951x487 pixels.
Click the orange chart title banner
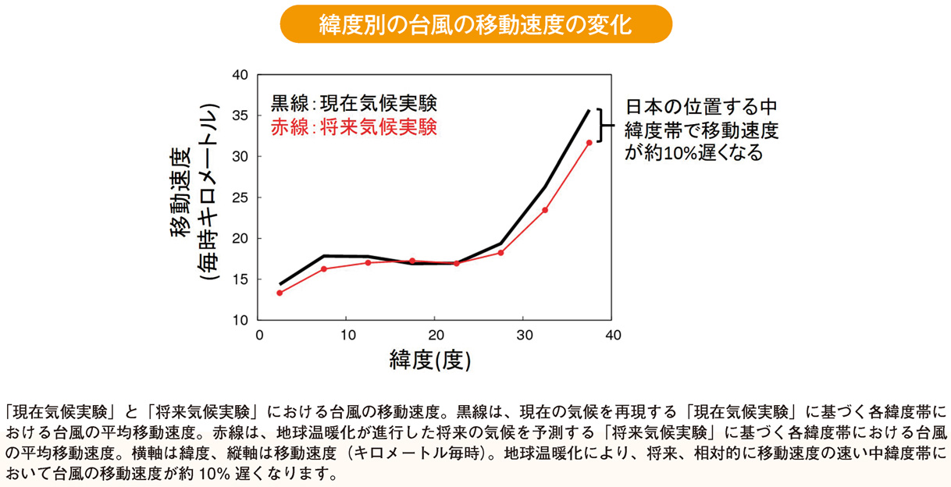coord(475,24)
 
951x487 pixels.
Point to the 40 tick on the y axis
coord(240,75)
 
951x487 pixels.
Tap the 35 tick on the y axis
coord(240,116)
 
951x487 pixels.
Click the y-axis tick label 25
coord(240,197)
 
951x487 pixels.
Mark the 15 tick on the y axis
coord(240,279)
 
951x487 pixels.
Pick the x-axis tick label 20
coord(436,336)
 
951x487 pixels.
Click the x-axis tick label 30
coord(524,336)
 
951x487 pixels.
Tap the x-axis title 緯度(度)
coord(430,360)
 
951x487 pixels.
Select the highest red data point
coord(589,142)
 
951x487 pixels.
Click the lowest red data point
coord(280,293)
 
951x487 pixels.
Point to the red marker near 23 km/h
coord(545,210)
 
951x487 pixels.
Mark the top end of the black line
coord(589,110)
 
